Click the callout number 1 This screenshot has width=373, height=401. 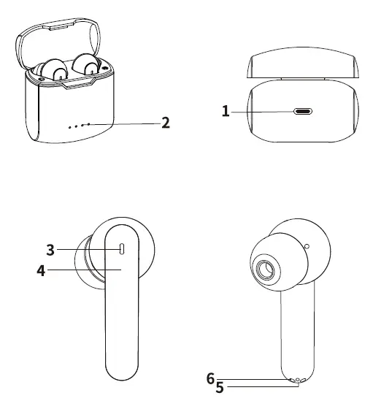[226, 111]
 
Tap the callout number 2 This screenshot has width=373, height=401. [166, 123]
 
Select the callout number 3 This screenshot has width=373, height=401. [50, 249]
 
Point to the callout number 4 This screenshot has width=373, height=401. [42, 270]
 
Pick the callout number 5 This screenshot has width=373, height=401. [219, 388]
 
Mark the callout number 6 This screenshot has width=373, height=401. [210, 378]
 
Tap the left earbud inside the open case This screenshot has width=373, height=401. [53, 70]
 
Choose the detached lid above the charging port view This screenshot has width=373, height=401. [303, 66]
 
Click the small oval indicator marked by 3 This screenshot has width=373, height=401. [122, 249]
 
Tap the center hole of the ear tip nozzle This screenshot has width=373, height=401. [266, 270]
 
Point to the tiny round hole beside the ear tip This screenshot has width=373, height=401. [307, 246]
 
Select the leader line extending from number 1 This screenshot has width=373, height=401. [263, 111]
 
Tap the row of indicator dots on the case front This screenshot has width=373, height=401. [79, 125]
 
